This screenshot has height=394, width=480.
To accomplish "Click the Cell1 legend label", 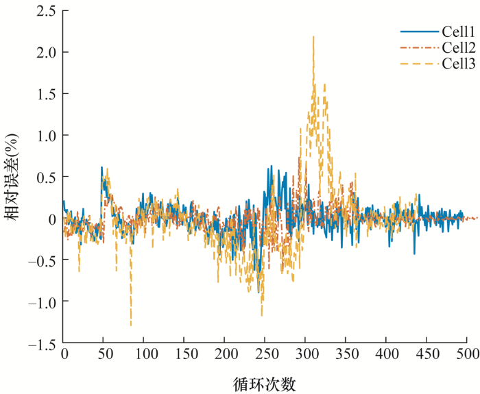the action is point(458,32).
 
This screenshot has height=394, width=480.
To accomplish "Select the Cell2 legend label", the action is point(459,48).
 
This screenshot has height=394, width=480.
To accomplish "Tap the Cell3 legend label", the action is point(459,64).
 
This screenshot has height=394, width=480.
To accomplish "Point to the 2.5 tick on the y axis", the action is point(46,11).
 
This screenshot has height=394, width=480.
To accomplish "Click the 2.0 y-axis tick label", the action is point(46,52).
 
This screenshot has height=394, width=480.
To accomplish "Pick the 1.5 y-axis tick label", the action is point(46,94).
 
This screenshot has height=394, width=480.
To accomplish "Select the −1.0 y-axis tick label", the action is point(42,301).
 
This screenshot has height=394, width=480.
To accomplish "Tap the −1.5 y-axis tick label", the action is point(42,343).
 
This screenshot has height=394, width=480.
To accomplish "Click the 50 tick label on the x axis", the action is point(106,354).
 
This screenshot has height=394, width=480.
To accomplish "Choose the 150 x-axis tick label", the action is point(187,354).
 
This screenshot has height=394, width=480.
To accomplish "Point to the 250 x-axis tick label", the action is point(267,354).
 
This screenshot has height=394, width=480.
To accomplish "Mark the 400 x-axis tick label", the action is point(387,354).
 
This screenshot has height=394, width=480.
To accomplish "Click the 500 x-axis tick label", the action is point(468,354).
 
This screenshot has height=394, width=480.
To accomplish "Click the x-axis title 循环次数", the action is point(265,384).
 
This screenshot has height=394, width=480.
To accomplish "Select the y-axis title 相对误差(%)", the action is point(12,177).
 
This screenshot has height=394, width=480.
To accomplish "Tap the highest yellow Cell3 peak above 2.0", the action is point(313,37).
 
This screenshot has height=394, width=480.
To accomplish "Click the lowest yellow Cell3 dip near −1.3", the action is point(131,325).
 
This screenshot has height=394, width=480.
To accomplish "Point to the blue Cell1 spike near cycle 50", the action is point(101,167).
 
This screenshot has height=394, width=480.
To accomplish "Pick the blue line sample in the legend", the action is point(420,32).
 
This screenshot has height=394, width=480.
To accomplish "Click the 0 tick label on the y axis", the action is point(52,218).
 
